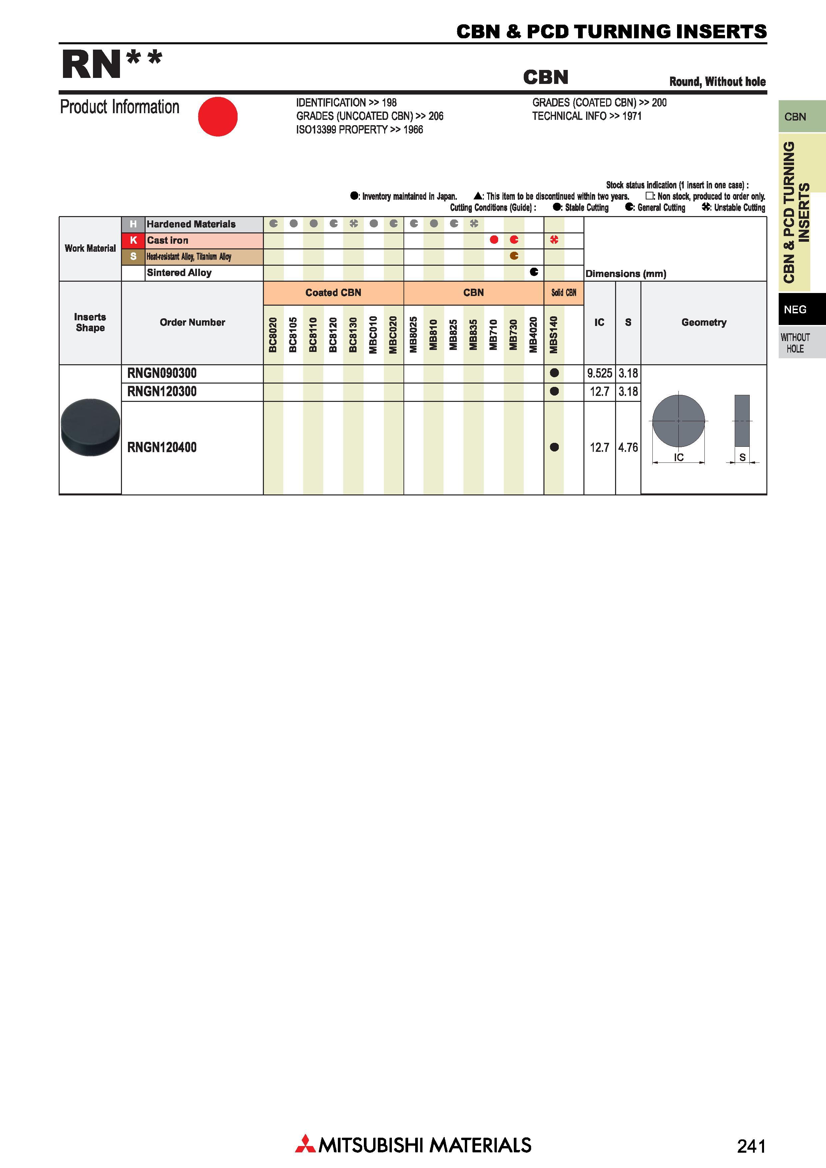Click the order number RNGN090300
click(x=162, y=373)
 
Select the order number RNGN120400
click(x=162, y=448)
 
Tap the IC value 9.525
click(x=599, y=373)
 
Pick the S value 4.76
click(x=628, y=448)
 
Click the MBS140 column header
click(x=554, y=334)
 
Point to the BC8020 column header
click(x=273, y=334)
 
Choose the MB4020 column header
click(x=533, y=334)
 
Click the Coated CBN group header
click(x=333, y=293)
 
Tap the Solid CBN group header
click(x=564, y=293)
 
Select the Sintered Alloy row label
click(x=179, y=273)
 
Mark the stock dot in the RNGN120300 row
click(x=554, y=391)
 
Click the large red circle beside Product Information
click(x=218, y=117)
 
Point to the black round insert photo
click(x=91, y=427)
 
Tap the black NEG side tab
click(x=802, y=309)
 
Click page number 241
click(x=751, y=1146)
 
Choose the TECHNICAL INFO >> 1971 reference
click(x=587, y=116)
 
